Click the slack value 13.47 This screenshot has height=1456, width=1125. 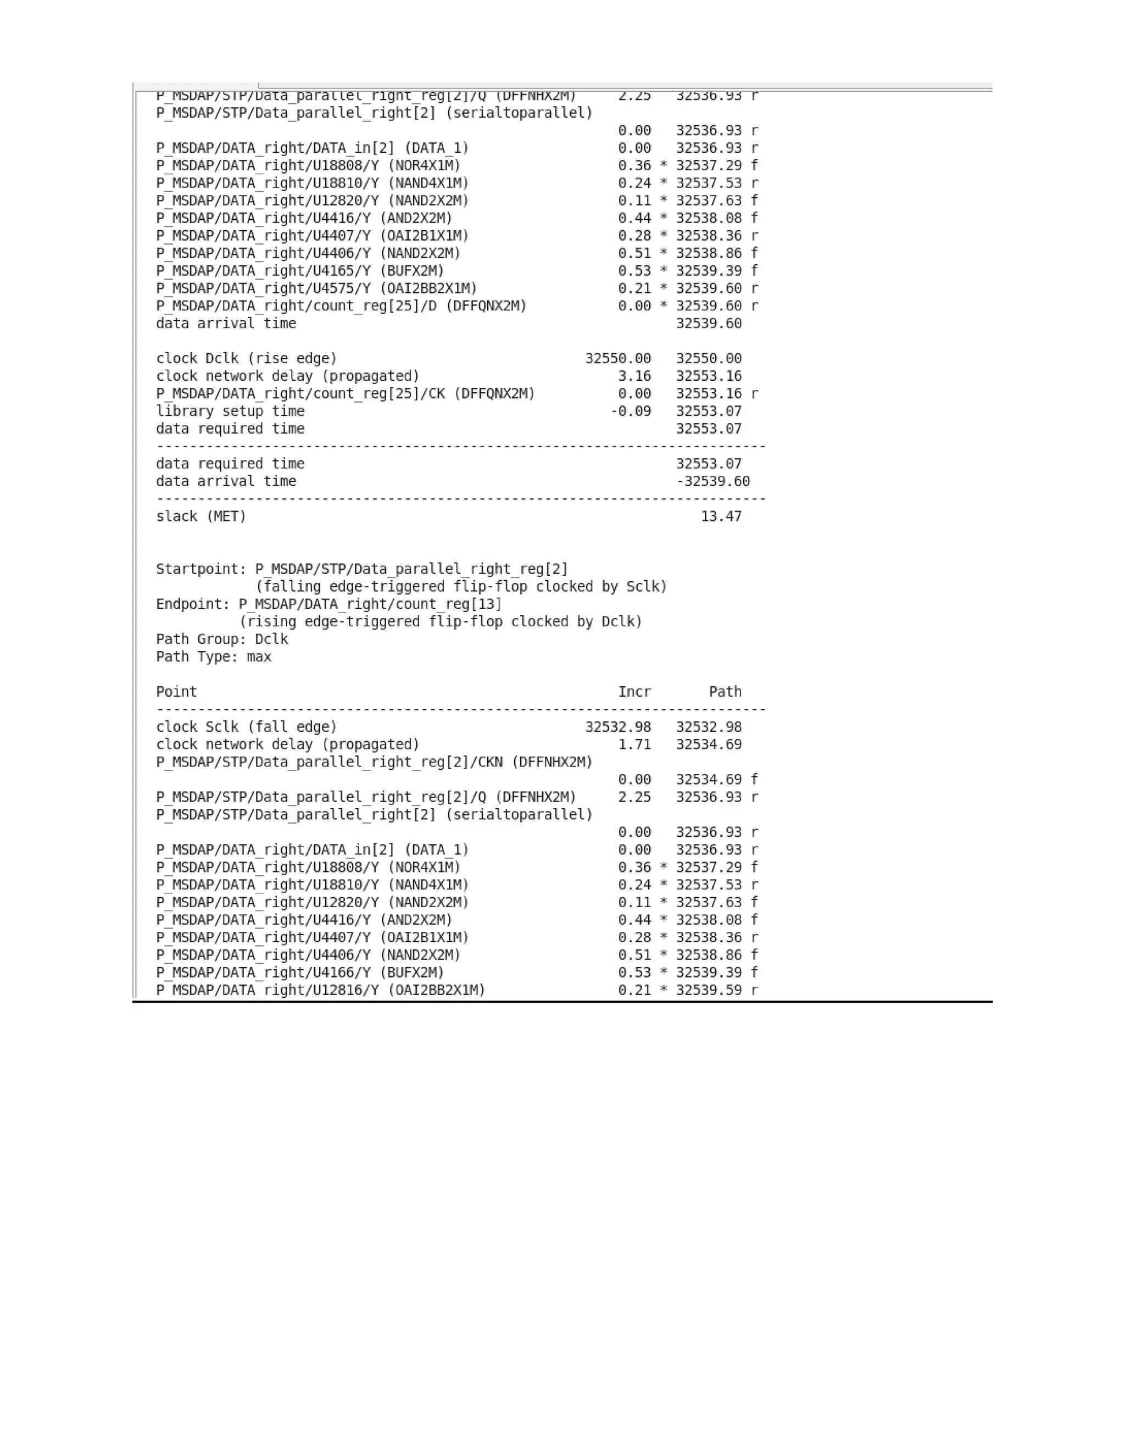pyautogui.click(x=721, y=516)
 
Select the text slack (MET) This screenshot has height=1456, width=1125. pyautogui.click(x=201, y=516)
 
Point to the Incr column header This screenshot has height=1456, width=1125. pyautogui.click(x=634, y=691)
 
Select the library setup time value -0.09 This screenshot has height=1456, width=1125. pyautogui.click(x=631, y=410)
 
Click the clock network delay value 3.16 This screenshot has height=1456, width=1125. pyautogui.click(x=634, y=376)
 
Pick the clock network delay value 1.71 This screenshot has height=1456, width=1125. pyautogui.click(x=634, y=744)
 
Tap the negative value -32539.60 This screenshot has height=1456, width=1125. pyautogui.click(x=712, y=481)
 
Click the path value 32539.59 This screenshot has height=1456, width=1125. pyautogui.click(x=709, y=990)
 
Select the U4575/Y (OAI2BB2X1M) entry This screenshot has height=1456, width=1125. pyautogui.click(x=316, y=288)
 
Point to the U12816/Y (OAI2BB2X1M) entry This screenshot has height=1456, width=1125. pyautogui.click(x=321, y=990)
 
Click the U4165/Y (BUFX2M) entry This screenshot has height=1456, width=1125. pyautogui.click(x=300, y=271)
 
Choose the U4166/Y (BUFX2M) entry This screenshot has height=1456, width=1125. pyautogui.click(x=300, y=972)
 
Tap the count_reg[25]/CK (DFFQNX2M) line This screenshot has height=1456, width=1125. pyautogui.click(x=345, y=393)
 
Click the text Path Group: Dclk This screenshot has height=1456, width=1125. pyautogui.click(x=222, y=638)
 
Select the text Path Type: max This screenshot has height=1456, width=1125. pyautogui.click(x=213, y=657)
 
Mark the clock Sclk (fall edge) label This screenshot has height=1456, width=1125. pyautogui.click(x=247, y=727)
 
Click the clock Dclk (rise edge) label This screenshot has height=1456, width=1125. pyautogui.click(x=247, y=358)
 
